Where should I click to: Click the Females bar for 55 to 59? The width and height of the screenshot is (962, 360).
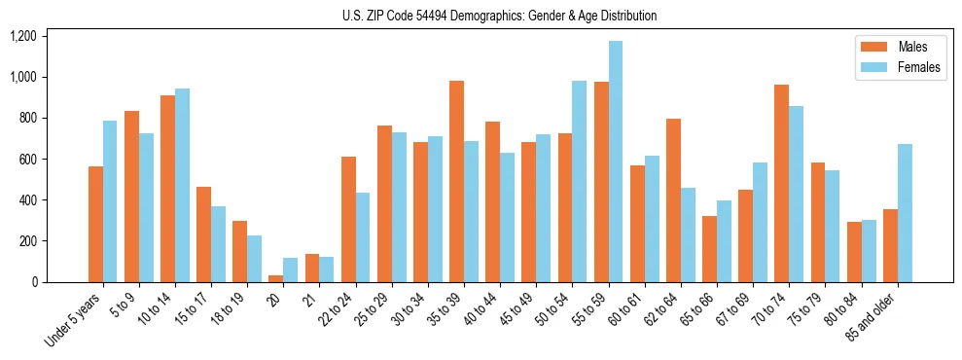click(x=616, y=162)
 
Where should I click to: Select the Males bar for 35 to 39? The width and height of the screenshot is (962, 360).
click(x=456, y=181)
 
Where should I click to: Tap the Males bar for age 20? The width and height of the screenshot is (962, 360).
click(x=276, y=278)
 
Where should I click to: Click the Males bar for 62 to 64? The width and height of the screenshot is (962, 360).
click(x=673, y=200)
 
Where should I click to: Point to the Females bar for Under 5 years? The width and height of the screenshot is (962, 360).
click(x=110, y=201)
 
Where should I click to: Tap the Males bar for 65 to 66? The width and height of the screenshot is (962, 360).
click(x=709, y=249)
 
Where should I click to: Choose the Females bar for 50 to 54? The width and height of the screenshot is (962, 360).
click(x=580, y=181)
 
